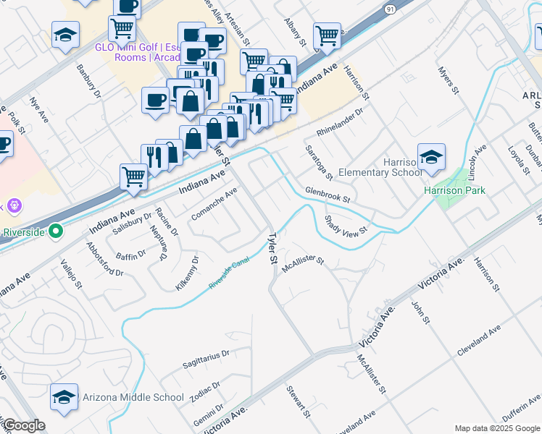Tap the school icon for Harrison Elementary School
pos(431,158)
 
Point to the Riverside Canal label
pos(234,276)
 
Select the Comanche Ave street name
pos(214,205)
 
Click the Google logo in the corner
pos(23,425)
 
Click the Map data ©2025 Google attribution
pos(496,428)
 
